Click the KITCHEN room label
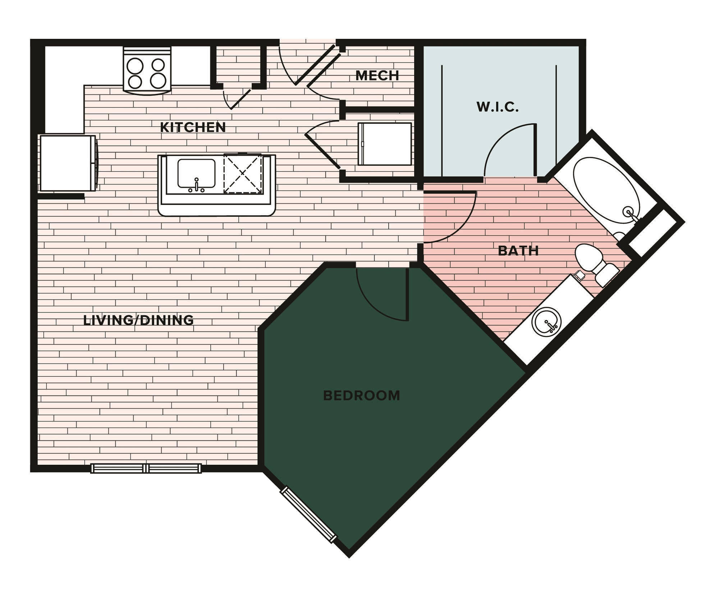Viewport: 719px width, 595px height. (x=193, y=127)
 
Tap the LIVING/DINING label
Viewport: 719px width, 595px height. (x=138, y=320)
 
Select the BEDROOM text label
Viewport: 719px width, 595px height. (x=361, y=395)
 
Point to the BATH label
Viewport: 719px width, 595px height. (x=518, y=251)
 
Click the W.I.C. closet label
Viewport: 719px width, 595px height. (x=498, y=107)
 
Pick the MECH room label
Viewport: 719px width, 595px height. (x=377, y=75)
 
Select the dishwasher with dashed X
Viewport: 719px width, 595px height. (x=243, y=173)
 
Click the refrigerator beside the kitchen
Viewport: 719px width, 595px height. (x=67, y=163)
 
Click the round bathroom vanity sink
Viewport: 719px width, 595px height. (x=546, y=321)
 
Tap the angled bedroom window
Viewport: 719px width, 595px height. (x=309, y=514)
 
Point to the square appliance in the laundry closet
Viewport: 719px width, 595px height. (x=385, y=144)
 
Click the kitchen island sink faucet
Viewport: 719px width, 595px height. (x=197, y=185)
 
